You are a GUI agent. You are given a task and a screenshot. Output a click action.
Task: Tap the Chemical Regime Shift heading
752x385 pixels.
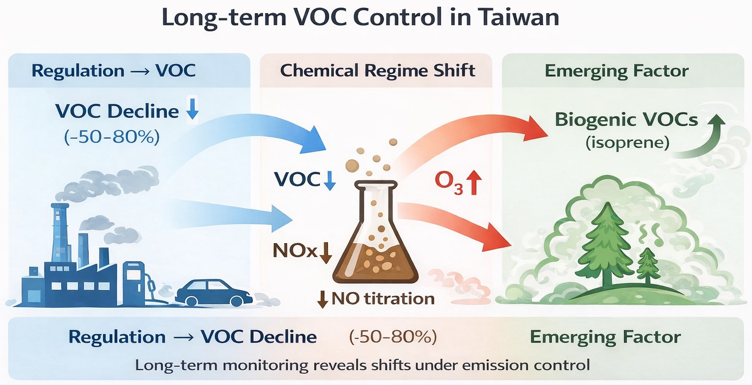click(377, 70)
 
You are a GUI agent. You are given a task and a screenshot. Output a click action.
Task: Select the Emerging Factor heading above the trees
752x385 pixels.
click(616, 71)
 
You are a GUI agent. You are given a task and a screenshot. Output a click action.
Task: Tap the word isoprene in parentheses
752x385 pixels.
click(627, 143)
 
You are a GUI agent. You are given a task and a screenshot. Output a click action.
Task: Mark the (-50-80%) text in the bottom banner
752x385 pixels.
click(393, 337)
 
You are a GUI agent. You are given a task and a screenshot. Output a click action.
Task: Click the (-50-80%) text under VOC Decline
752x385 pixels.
click(112, 136)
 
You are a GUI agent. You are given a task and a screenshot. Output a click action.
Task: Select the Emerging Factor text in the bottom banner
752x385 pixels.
click(605, 337)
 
